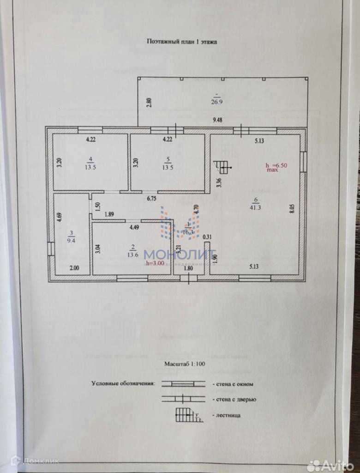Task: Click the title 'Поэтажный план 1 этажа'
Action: pos(182,42)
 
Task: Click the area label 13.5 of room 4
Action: pos(90,167)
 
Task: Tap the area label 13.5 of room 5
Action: pos(168,167)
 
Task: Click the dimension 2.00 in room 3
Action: pos(74,267)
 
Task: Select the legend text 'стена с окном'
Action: pos(233,384)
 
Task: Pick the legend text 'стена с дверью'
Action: pos(234,400)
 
